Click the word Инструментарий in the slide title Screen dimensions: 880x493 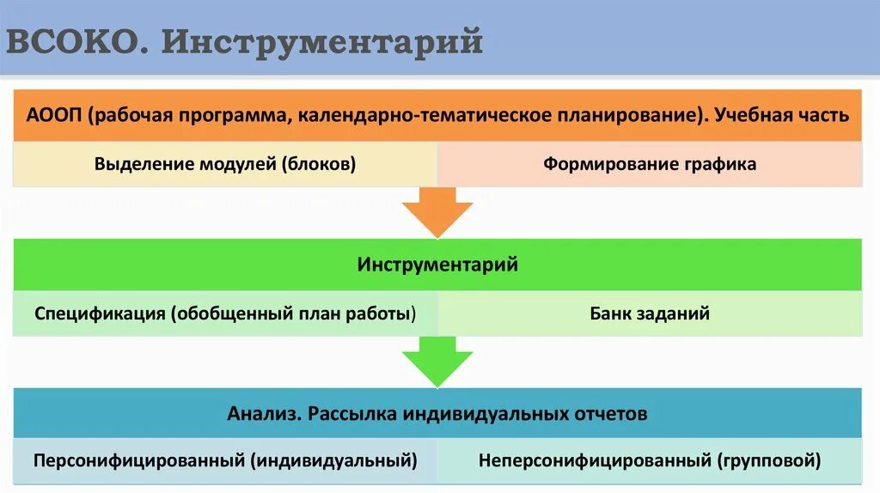click(x=321, y=41)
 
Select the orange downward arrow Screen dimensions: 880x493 click(x=438, y=211)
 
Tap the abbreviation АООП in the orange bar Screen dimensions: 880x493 click(x=53, y=115)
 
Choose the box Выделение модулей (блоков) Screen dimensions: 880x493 click(x=225, y=163)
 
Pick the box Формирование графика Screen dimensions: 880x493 click(x=650, y=163)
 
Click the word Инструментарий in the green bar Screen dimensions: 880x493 click(x=437, y=264)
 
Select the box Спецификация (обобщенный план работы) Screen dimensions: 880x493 click(x=225, y=313)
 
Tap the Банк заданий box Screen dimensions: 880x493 click(x=650, y=313)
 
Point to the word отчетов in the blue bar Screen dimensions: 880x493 click(x=610, y=413)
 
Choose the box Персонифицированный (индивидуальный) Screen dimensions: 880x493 click(x=225, y=460)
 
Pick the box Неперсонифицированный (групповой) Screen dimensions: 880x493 click(x=650, y=460)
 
